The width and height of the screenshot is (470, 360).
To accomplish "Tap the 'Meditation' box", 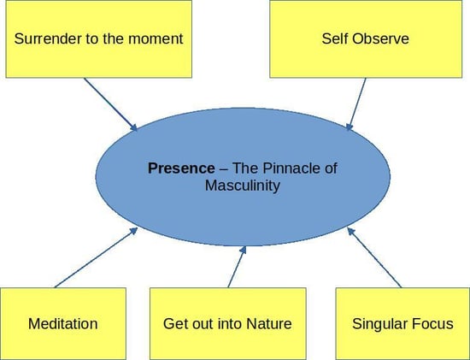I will pyautogui.click(x=62, y=323).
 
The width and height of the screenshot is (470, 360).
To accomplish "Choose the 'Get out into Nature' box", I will pyautogui.click(x=227, y=323).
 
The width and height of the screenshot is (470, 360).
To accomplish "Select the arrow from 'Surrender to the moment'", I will pyautogui.click(x=110, y=105).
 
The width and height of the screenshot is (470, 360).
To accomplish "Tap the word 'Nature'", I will pyautogui.click(x=269, y=323).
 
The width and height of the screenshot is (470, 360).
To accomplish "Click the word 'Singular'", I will pyautogui.click(x=379, y=323).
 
